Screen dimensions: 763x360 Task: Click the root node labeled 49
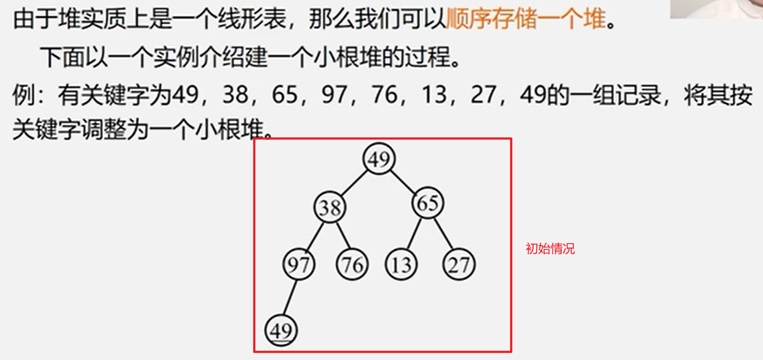[379, 159]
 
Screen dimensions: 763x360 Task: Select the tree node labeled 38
[330, 208]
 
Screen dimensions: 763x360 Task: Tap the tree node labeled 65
[428, 204]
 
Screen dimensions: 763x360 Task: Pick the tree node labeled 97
[298, 265]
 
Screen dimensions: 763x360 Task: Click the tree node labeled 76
[352, 265]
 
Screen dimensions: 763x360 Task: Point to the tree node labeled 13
[401, 265]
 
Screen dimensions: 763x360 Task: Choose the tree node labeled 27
[459, 265]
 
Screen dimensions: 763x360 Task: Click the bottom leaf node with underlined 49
[281, 331]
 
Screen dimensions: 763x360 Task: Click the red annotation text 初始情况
[550, 249]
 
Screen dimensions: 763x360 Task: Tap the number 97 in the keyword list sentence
[334, 96]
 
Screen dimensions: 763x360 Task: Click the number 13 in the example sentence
[433, 96]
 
